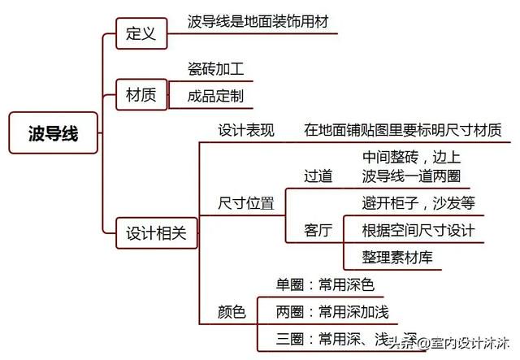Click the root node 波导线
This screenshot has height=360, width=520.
[53, 132]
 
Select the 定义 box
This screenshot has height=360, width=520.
[141, 33]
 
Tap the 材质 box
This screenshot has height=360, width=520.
[141, 94]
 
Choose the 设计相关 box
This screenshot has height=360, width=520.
[157, 233]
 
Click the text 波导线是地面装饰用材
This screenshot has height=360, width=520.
[258, 22]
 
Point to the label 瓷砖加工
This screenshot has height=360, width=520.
[215, 69]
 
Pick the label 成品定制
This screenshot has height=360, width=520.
[215, 96]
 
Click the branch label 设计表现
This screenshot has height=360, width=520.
[246, 130]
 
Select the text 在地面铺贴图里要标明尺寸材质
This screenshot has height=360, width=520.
[403, 130]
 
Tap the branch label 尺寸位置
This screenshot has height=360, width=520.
[246, 203]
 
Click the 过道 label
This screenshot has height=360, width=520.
[318, 176]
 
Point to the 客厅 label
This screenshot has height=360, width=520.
[318, 230]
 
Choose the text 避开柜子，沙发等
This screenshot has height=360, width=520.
[418, 202]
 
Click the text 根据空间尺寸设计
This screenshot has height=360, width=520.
[418, 230]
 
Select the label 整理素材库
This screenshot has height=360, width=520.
[397, 258]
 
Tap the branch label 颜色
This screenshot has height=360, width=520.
[232, 312]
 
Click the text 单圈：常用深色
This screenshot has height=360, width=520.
[325, 284]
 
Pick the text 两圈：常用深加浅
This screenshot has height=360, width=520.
[332, 312]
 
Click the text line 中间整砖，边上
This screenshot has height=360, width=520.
[412, 157]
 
